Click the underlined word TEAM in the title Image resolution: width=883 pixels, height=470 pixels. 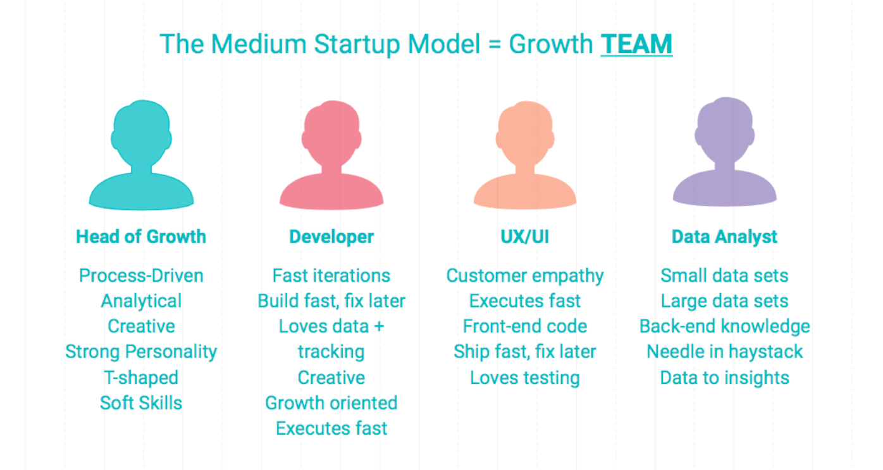(x=636, y=44)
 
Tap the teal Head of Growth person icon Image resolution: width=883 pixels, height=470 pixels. (x=141, y=155)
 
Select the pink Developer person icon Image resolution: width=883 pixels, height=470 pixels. (x=331, y=155)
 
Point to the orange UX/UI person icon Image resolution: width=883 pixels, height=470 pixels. (x=524, y=155)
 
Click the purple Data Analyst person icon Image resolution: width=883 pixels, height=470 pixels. (x=724, y=152)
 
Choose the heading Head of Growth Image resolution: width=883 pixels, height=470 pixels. (x=141, y=237)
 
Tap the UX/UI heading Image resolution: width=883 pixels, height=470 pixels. (x=524, y=237)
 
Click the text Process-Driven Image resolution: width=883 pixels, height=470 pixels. (x=141, y=275)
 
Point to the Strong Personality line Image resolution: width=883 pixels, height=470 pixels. (x=141, y=351)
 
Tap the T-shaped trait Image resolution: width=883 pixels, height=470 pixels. (x=141, y=378)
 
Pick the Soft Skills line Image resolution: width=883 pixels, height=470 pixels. (x=141, y=402)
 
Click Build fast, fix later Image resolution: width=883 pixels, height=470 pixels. (x=331, y=301)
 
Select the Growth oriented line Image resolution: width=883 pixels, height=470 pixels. (x=331, y=402)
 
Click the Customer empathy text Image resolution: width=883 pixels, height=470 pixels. (x=524, y=276)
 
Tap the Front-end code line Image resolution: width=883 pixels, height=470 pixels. (x=524, y=327)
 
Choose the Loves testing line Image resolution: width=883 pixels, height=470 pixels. (x=524, y=378)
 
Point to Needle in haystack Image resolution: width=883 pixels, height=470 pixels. (x=724, y=352)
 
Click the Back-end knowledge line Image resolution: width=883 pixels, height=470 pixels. (x=724, y=327)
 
